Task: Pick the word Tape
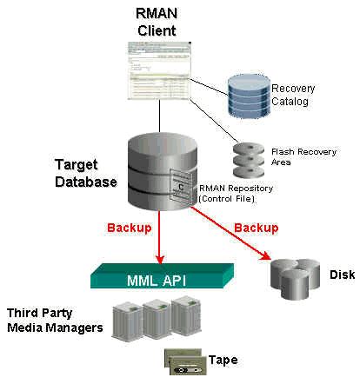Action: (223, 360)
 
